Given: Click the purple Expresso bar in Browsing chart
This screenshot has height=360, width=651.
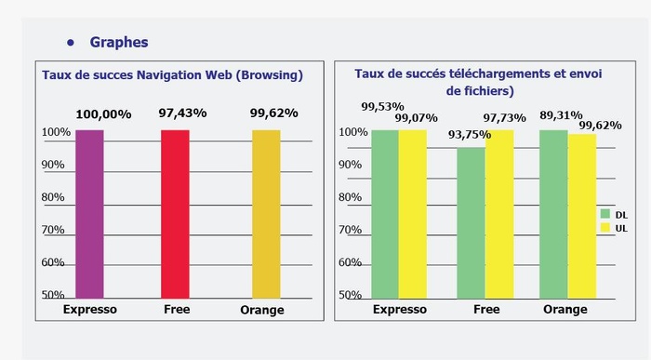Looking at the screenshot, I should [89, 214].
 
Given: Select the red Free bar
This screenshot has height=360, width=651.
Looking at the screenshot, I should [175, 214].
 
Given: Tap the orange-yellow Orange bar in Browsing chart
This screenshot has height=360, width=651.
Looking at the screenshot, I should [265, 214].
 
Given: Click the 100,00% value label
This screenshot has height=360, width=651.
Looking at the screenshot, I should [102, 113].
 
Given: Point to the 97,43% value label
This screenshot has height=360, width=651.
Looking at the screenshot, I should [182, 113].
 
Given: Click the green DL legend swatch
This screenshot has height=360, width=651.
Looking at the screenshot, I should [604, 214].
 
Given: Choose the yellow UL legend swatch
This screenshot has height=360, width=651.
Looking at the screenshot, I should [604, 227].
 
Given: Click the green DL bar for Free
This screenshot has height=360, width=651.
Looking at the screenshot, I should [471, 223].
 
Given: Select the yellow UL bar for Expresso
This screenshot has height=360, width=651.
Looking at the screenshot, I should [412, 214].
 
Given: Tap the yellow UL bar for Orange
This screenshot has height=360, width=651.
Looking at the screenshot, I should [582, 216].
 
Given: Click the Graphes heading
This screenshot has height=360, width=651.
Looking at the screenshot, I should [119, 42].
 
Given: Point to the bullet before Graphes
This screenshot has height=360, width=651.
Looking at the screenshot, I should [71, 43].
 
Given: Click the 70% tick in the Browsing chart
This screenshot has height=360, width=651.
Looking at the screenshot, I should [53, 230].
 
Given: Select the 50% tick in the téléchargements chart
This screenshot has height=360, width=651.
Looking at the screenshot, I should [350, 295].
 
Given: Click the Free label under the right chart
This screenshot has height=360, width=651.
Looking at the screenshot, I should [486, 310].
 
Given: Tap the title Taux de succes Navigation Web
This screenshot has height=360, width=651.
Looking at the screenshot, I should [172, 73].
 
